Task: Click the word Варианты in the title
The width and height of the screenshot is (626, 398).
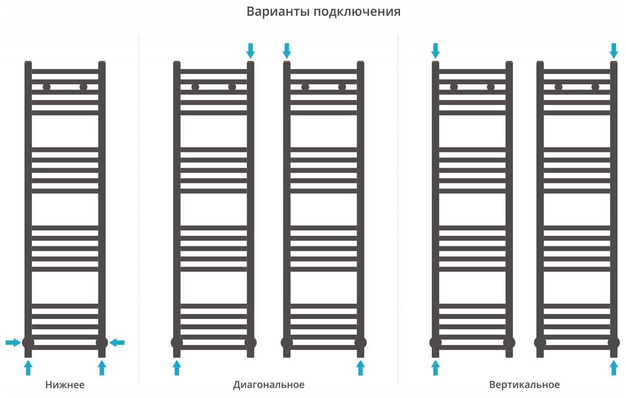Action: (278, 11)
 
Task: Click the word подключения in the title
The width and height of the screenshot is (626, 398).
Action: (357, 12)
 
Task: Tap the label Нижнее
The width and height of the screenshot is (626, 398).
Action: (65, 385)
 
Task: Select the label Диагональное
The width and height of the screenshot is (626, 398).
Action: (268, 385)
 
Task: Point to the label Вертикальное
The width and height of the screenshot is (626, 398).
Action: (524, 385)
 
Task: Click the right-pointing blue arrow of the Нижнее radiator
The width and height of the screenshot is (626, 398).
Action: (13, 342)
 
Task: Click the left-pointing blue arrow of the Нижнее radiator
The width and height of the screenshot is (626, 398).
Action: (117, 342)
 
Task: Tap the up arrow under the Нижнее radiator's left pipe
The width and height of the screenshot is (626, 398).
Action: (28, 368)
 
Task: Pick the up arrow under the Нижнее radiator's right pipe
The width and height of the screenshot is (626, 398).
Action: (102, 368)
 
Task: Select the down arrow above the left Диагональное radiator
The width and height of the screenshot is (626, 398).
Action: (250, 50)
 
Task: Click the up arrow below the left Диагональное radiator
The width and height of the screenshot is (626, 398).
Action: (176, 368)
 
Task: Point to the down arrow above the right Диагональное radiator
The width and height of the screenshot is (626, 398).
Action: (286, 50)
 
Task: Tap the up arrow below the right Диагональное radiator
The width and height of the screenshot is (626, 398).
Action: (360, 368)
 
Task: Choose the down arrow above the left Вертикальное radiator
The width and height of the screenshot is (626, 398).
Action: (435, 50)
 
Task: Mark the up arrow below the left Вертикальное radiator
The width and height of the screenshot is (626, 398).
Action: (435, 368)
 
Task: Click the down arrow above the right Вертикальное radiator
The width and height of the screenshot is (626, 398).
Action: (614, 50)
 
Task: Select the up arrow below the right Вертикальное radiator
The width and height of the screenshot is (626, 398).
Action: (614, 368)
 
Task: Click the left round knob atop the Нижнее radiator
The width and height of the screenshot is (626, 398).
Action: (46, 87)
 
